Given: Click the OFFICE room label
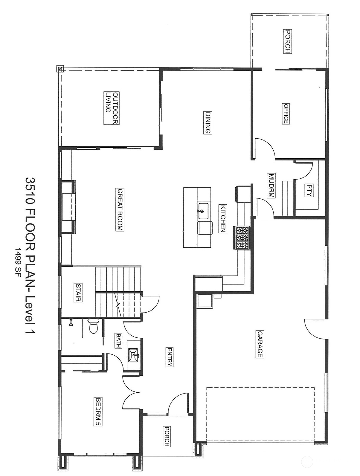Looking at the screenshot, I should coord(286,114).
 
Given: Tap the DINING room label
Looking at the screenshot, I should coord(208,123).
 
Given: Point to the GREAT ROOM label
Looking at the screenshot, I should coord(120,209).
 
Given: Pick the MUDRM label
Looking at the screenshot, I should coord(271,186).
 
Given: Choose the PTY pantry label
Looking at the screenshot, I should coord(309,190).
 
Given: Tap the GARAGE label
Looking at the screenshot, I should coord(260,344).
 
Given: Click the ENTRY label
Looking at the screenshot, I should coord(170,357).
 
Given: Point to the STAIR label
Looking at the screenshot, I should coord(78,293).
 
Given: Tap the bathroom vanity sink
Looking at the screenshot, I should coord(133,355).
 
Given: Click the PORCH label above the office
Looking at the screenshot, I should coord(287,41).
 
